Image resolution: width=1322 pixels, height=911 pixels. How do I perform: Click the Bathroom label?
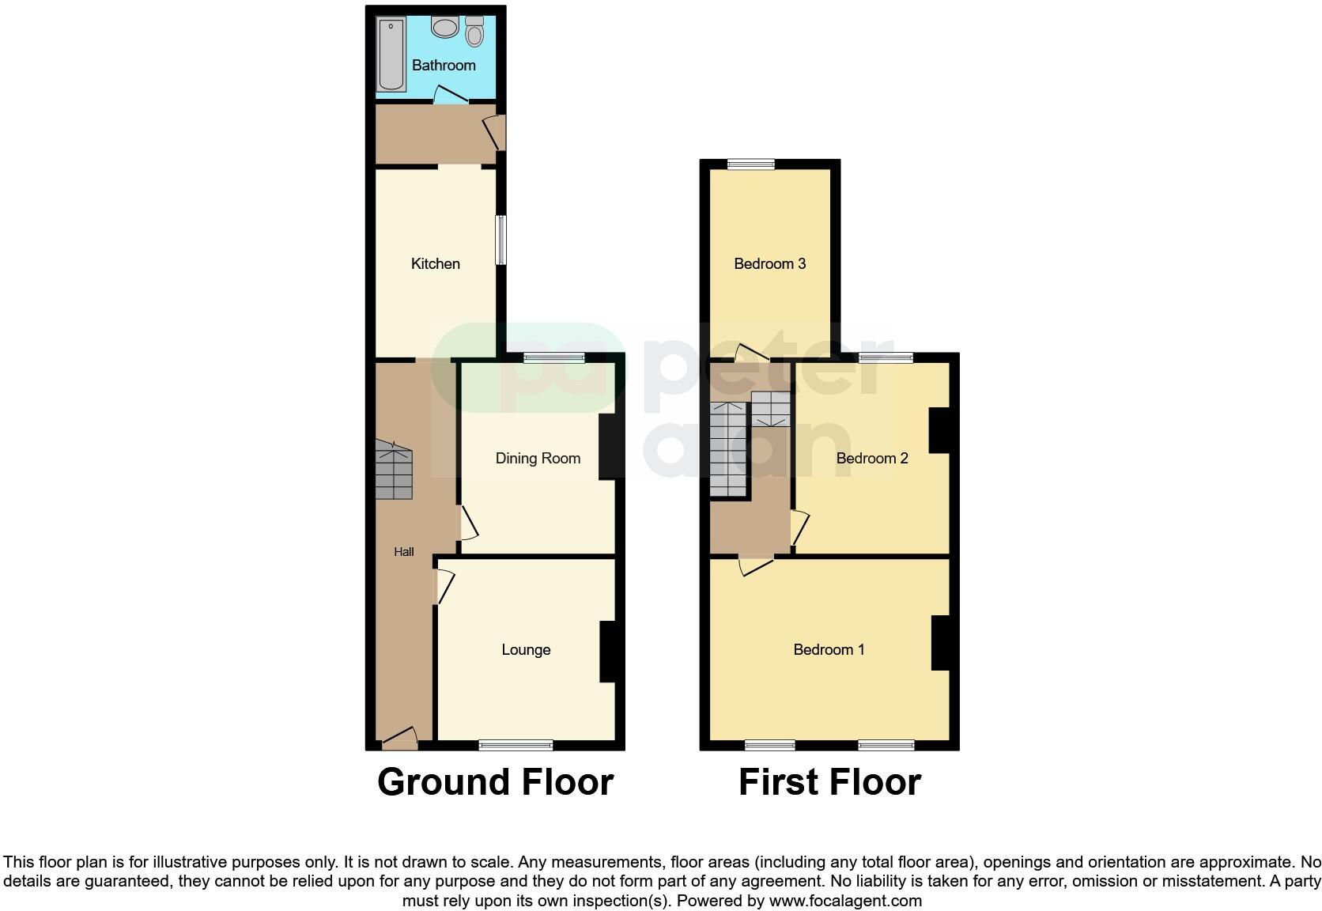tap(444, 66)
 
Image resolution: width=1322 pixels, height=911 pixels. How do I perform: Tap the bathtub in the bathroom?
tap(391, 55)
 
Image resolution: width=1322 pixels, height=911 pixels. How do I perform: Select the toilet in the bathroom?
tap(474, 32)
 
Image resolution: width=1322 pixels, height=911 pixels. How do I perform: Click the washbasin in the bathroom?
tap(445, 28)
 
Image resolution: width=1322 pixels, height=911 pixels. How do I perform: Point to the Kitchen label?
tap(435, 264)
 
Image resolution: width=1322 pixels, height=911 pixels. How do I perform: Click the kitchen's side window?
tap(500, 240)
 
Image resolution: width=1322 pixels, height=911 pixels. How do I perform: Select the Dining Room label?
tap(538, 459)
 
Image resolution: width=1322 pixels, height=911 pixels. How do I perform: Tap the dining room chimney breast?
tap(609, 447)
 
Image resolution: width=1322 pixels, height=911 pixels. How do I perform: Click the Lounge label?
tap(526, 650)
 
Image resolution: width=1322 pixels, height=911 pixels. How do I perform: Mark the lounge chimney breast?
tap(610, 652)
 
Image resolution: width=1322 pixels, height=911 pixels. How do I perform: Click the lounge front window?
tap(516, 744)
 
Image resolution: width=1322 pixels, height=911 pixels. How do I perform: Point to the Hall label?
tap(404, 552)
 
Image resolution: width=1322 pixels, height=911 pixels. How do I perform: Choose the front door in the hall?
tap(400, 740)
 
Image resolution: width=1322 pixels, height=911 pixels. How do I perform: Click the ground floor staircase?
tap(393, 471)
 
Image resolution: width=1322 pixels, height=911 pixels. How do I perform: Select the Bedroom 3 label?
tap(769, 264)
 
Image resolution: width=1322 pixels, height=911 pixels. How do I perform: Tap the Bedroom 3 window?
tap(751, 164)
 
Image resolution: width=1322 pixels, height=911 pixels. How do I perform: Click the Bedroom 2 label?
tap(872, 459)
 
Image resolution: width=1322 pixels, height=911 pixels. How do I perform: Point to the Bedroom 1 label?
tap(829, 650)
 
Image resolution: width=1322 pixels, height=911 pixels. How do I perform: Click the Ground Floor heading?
tap(495, 782)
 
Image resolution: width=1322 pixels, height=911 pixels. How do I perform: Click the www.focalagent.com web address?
tap(845, 901)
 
